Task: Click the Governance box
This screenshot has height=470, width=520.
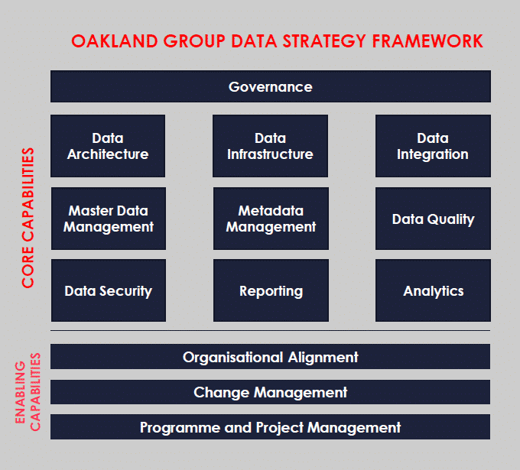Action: [271, 86]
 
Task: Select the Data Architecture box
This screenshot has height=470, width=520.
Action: [108, 146]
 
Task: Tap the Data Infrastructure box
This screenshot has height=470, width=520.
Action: [270, 146]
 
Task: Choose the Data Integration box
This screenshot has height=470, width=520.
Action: [433, 146]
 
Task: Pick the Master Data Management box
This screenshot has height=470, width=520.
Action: [109, 219]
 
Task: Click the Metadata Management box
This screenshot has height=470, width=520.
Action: [271, 219]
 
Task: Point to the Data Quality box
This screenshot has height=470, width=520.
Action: [433, 219]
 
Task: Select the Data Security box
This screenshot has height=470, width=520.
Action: [109, 290]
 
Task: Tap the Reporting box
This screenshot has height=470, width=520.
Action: [271, 290]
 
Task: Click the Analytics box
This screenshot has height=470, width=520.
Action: [433, 290]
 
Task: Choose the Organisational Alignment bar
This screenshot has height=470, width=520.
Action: [270, 357]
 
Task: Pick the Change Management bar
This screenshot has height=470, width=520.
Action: [270, 392]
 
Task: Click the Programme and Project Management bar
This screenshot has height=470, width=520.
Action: [270, 427]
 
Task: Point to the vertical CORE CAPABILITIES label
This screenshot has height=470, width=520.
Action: [28, 218]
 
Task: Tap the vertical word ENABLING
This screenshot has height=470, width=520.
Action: [21, 392]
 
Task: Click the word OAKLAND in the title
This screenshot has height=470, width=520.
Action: [115, 41]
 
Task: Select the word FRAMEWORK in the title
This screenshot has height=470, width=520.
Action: [427, 41]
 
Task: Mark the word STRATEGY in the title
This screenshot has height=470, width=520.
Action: [324, 41]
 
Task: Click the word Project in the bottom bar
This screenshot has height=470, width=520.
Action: [280, 427]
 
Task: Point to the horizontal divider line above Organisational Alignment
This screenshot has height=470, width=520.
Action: [270, 330]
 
